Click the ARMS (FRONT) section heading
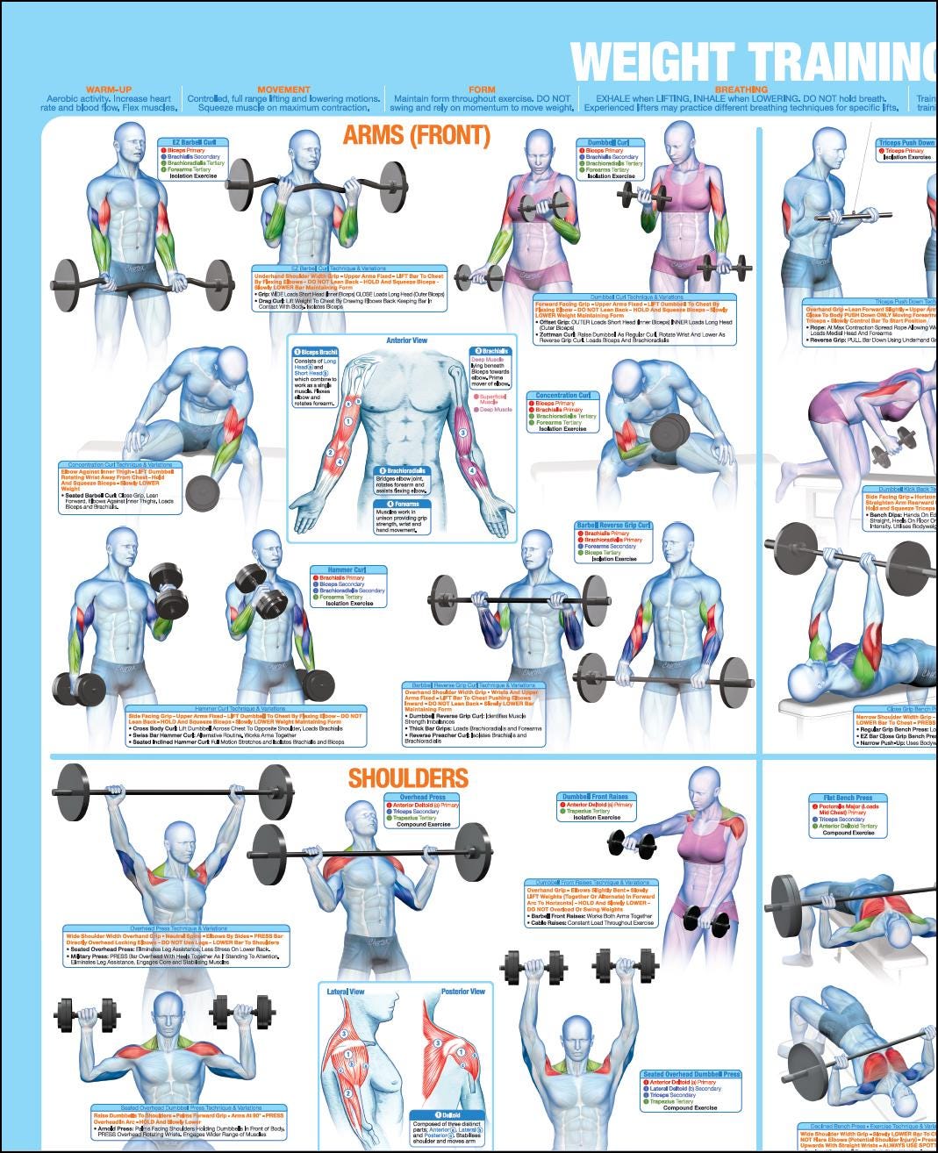pyautogui.click(x=416, y=136)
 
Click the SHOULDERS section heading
pyautogui.click(x=408, y=778)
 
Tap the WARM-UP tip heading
pyautogui.click(x=109, y=90)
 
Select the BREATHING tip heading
pyautogui.click(x=741, y=90)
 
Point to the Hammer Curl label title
pyautogui.click(x=347, y=569)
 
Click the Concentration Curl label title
pyautogui.click(x=562, y=396)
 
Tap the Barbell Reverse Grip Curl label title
pyautogui.click(x=613, y=526)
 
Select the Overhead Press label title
pyautogui.click(x=422, y=798)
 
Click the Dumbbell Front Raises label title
pyautogui.click(x=594, y=797)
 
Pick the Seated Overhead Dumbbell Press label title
pyautogui.click(x=691, y=1074)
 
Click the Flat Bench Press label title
pyautogui.click(x=848, y=799)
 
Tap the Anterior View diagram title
pyautogui.click(x=407, y=340)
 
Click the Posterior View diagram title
pyautogui.click(x=462, y=992)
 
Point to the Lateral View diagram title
pyautogui.click(x=346, y=992)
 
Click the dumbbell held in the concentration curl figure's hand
pyautogui.click(x=670, y=431)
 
